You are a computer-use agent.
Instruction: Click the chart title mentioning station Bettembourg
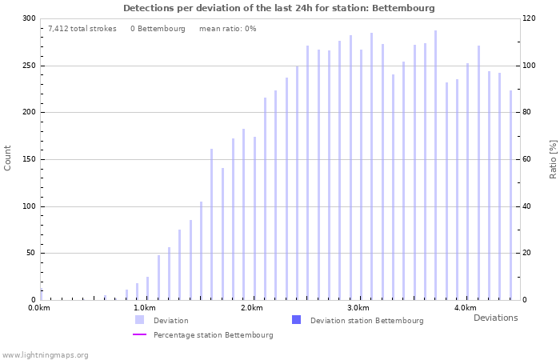(x=279, y=8)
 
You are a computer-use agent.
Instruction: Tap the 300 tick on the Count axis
(x=29, y=18)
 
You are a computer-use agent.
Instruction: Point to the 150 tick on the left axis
(x=29, y=159)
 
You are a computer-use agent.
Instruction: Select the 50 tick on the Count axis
(x=31, y=254)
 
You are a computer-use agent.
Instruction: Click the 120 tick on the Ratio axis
(x=530, y=18)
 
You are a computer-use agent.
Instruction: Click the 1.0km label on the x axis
(x=145, y=308)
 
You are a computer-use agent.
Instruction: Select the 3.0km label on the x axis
(x=358, y=308)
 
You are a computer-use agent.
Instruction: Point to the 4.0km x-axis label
(x=465, y=308)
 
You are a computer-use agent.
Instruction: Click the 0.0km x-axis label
(x=39, y=308)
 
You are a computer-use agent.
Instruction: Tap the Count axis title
(x=8, y=158)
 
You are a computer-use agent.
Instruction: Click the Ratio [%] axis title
(x=553, y=158)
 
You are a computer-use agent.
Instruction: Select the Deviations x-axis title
(x=495, y=318)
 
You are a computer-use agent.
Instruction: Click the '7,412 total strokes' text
(x=82, y=29)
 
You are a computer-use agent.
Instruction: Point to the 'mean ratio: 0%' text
(x=228, y=29)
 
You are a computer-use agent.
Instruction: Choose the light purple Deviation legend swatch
(x=140, y=320)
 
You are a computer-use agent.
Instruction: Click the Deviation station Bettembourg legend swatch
(x=297, y=320)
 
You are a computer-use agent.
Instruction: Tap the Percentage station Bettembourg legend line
(x=140, y=335)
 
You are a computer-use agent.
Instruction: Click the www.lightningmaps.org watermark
(x=46, y=355)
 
